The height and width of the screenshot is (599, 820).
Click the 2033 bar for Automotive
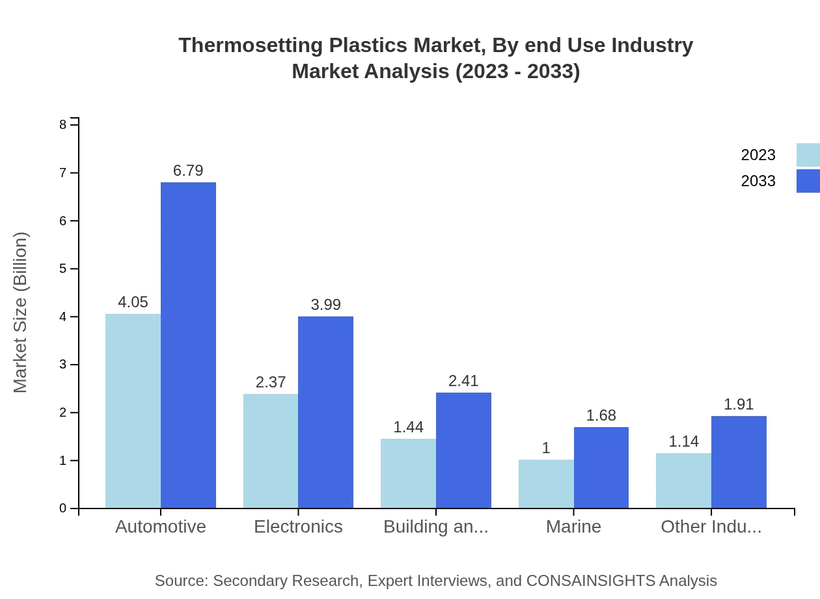pos(188,345)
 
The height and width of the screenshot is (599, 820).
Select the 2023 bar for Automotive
pos(133,411)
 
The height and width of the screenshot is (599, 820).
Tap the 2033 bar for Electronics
pos(325,412)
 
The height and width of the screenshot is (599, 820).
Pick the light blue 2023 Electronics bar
pos(271,451)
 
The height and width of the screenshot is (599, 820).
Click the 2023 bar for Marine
pos(546,484)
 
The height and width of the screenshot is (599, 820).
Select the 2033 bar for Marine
pos(601,467)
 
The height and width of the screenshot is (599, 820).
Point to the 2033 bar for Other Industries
pos(739,462)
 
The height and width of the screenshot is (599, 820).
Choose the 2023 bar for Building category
pos(408,473)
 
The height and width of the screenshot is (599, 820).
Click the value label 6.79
pos(188,171)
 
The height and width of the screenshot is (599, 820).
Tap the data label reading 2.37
pos(271,382)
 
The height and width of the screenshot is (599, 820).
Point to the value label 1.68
pos(601,415)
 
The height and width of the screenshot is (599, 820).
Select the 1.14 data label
pos(683,441)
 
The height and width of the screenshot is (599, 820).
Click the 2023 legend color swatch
pos(808,155)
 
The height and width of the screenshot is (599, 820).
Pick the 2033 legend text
pos(758,181)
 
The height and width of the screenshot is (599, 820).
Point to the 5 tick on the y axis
pos(63,269)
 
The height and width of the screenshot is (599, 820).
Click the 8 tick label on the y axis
pos(63,124)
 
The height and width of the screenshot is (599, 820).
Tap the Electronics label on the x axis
pos(298,526)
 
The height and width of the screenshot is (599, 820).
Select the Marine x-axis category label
pos(573,526)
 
